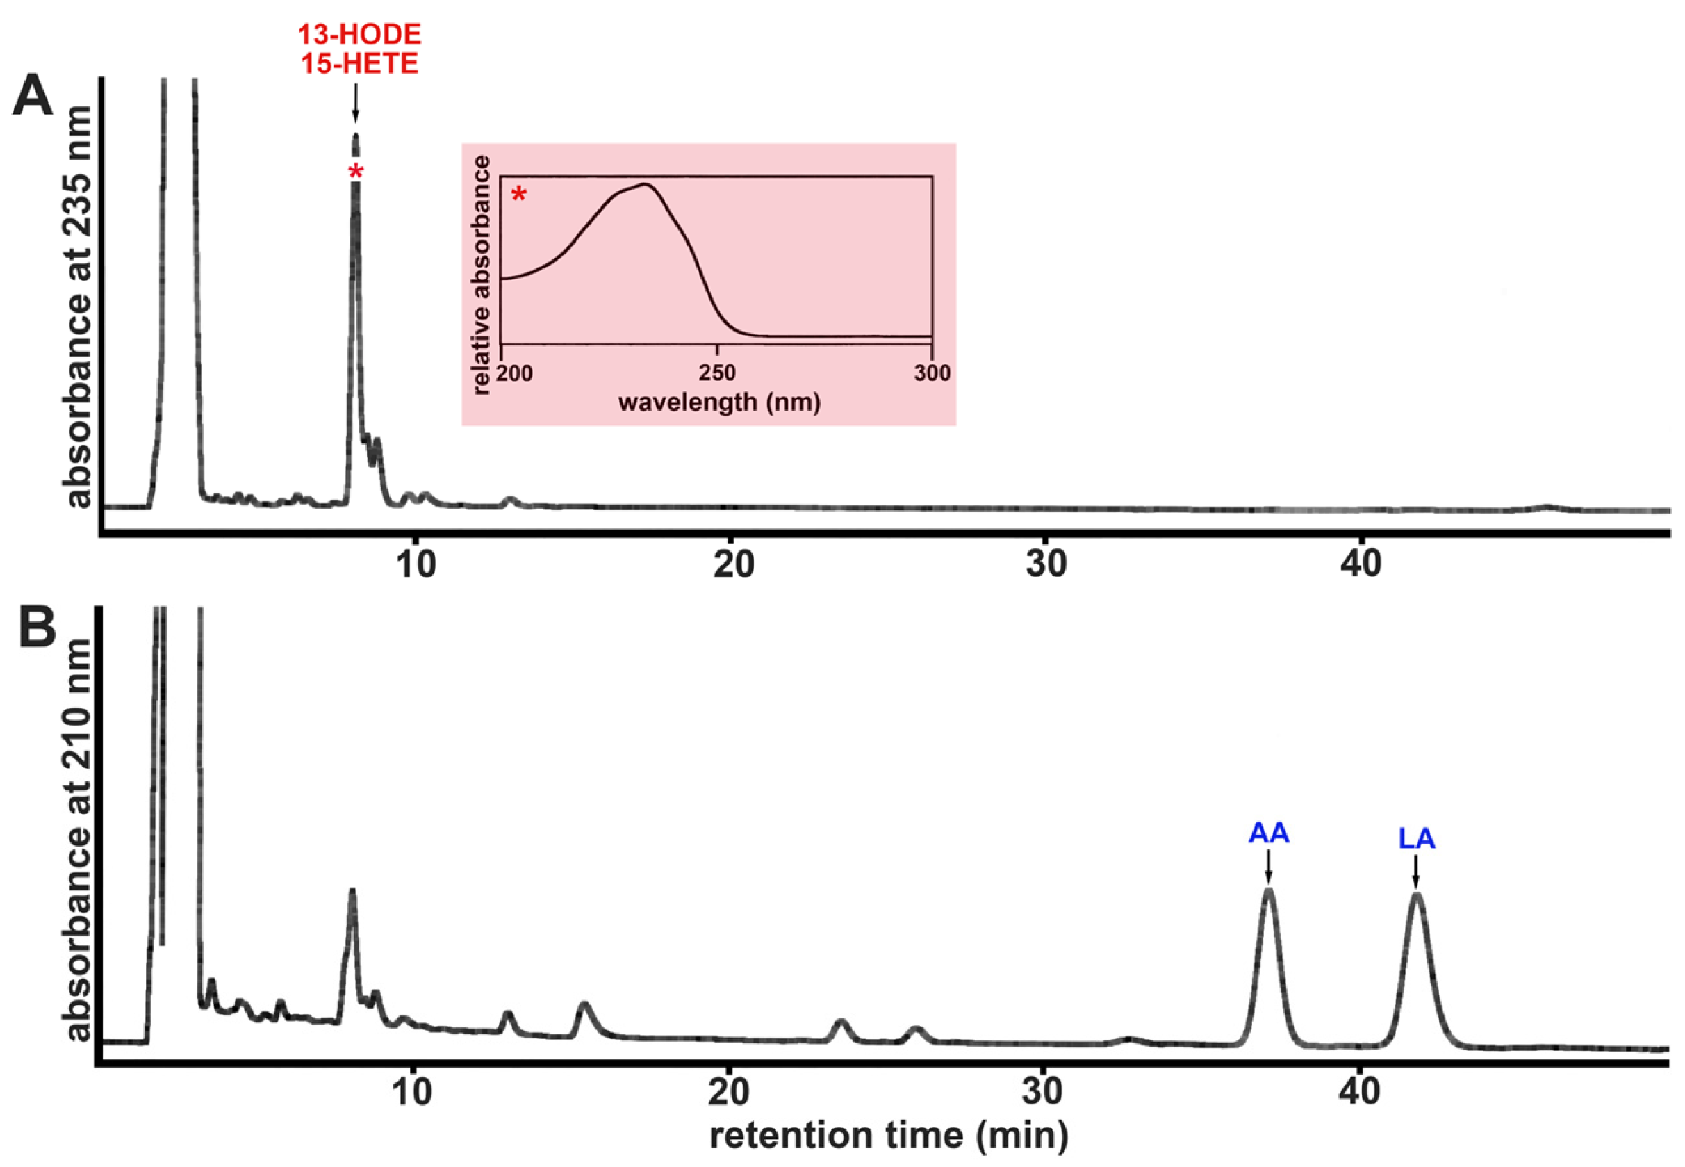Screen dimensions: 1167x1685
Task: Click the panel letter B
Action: click(38, 629)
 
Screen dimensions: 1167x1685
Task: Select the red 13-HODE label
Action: click(359, 34)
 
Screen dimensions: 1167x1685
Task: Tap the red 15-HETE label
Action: click(359, 64)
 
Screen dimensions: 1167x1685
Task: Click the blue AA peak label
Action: click(1268, 833)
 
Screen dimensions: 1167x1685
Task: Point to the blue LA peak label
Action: click(1417, 840)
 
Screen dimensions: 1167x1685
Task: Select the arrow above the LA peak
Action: click(1415, 872)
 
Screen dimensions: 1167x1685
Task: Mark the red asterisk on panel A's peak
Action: click(356, 173)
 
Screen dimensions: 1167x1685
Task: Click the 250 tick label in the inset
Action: click(717, 373)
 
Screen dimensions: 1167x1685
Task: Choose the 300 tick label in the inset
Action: click(932, 373)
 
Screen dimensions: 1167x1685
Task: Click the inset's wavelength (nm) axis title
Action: click(719, 402)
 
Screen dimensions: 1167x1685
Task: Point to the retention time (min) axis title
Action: click(888, 1136)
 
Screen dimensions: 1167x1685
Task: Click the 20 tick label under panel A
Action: click(733, 565)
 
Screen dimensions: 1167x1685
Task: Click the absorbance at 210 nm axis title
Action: click(78, 841)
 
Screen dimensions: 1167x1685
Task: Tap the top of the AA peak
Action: click(1268, 890)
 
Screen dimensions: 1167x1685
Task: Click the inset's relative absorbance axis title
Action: click(482, 275)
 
